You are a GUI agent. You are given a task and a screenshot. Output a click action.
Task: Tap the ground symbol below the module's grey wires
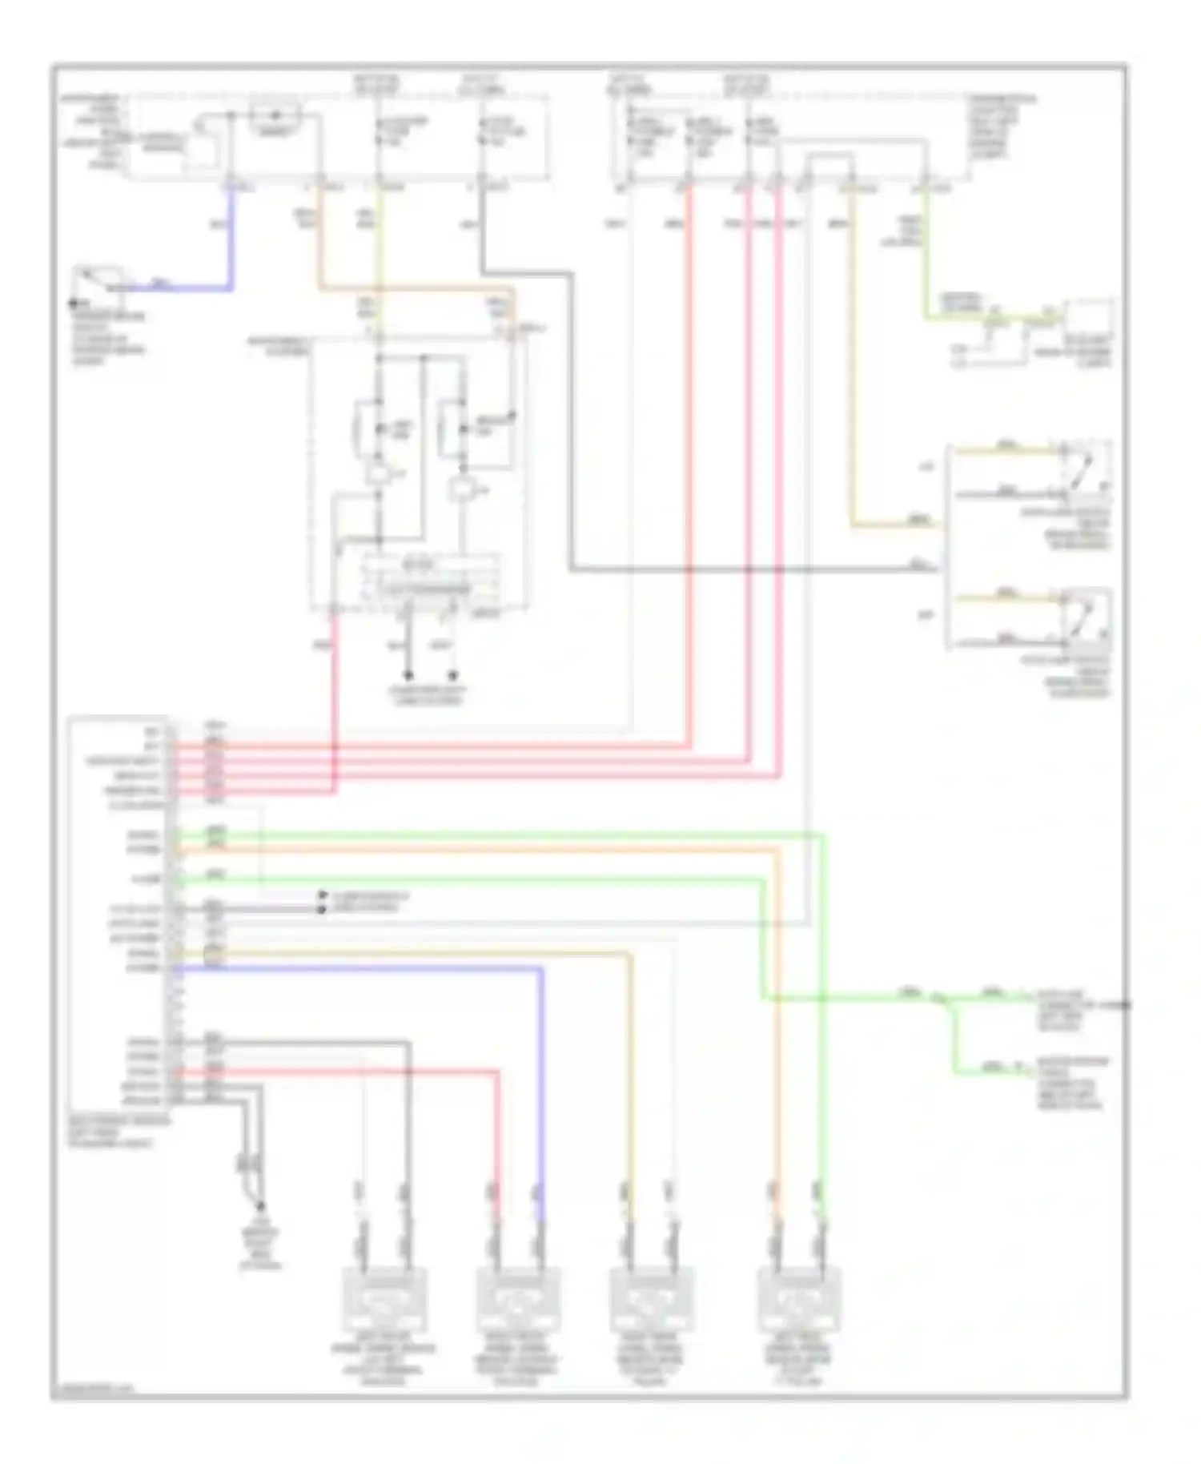click(x=259, y=1205)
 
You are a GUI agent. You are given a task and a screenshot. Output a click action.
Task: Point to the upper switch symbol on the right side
click(x=1085, y=469)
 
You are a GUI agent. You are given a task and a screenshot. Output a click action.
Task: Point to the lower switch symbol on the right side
click(x=1085, y=617)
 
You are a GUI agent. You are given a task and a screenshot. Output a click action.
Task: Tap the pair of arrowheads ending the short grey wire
click(x=322, y=902)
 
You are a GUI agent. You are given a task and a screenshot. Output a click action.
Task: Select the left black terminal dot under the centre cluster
click(x=408, y=675)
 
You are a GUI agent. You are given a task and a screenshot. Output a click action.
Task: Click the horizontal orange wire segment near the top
click(x=416, y=288)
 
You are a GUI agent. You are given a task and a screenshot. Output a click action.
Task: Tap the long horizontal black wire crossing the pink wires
click(x=753, y=571)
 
